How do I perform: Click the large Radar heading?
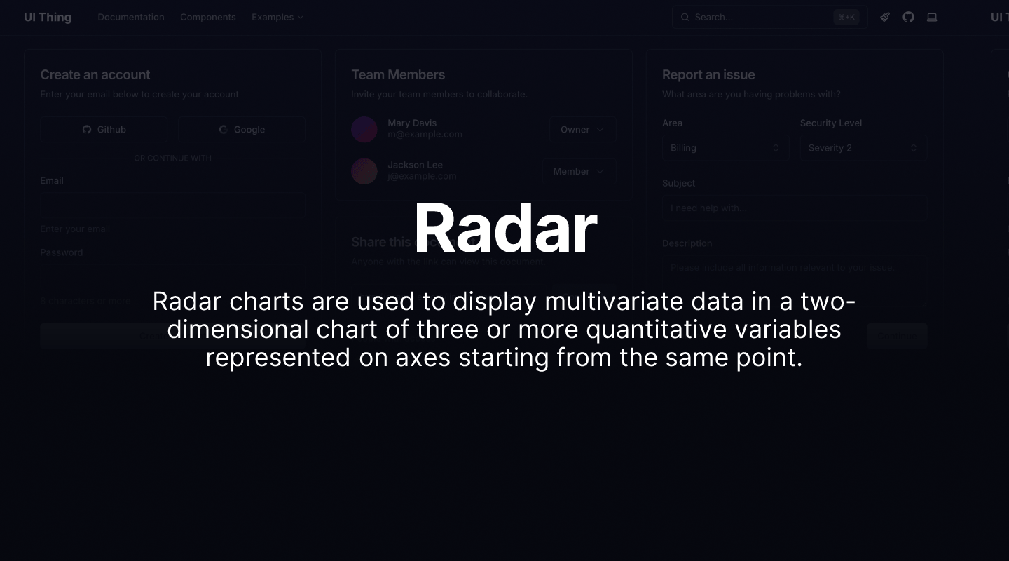504,229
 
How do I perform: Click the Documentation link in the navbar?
131,17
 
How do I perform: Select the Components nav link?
207,17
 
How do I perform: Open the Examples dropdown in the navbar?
277,17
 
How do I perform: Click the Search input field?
760,17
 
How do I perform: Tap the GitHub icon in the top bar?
908,17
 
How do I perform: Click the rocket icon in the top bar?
885,17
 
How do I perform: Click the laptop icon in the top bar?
932,17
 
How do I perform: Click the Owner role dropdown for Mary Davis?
582,130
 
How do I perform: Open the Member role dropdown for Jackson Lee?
578,172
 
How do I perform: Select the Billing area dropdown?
725,148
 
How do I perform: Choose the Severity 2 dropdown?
863,148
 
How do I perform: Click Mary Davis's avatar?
364,130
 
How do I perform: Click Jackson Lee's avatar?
364,171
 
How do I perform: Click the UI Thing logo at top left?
48,17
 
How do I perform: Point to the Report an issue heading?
708,74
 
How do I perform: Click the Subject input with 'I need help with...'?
794,208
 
